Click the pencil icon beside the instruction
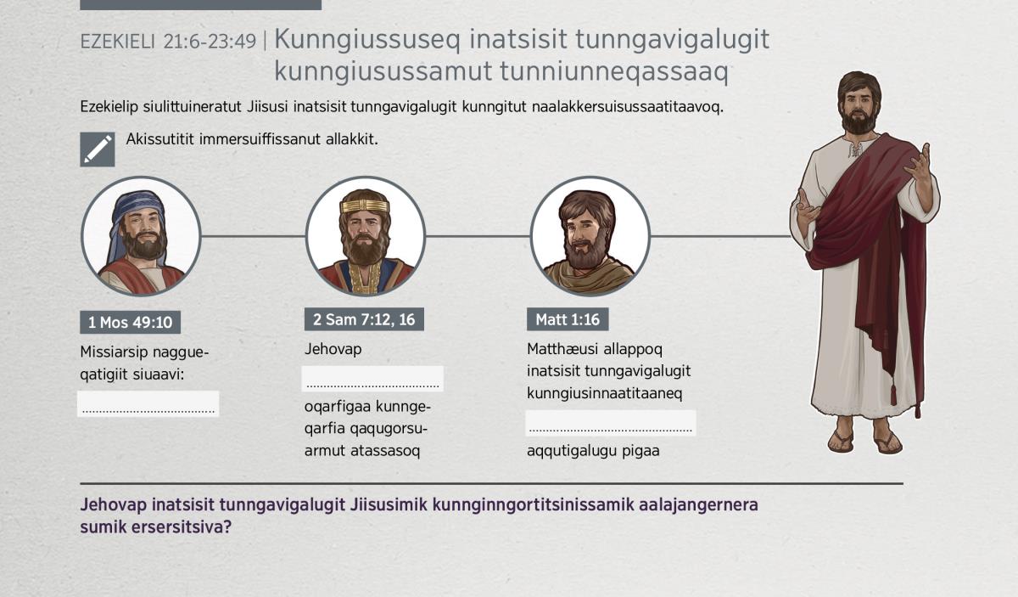pyautogui.click(x=98, y=149)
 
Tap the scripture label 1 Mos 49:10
pyautogui.click(x=130, y=322)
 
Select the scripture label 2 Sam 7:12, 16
pyautogui.click(x=364, y=319)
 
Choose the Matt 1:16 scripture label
pyautogui.click(x=568, y=319)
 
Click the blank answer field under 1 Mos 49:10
pyautogui.click(x=148, y=403)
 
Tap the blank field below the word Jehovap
pyautogui.click(x=372, y=379)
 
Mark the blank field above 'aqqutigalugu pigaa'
pyautogui.click(x=610, y=423)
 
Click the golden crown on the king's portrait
pyautogui.click(x=365, y=206)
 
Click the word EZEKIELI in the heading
pyautogui.click(x=118, y=42)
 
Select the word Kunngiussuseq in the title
pyautogui.click(x=367, y=40)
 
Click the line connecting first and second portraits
pyautogui.click(x=253, y=236)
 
